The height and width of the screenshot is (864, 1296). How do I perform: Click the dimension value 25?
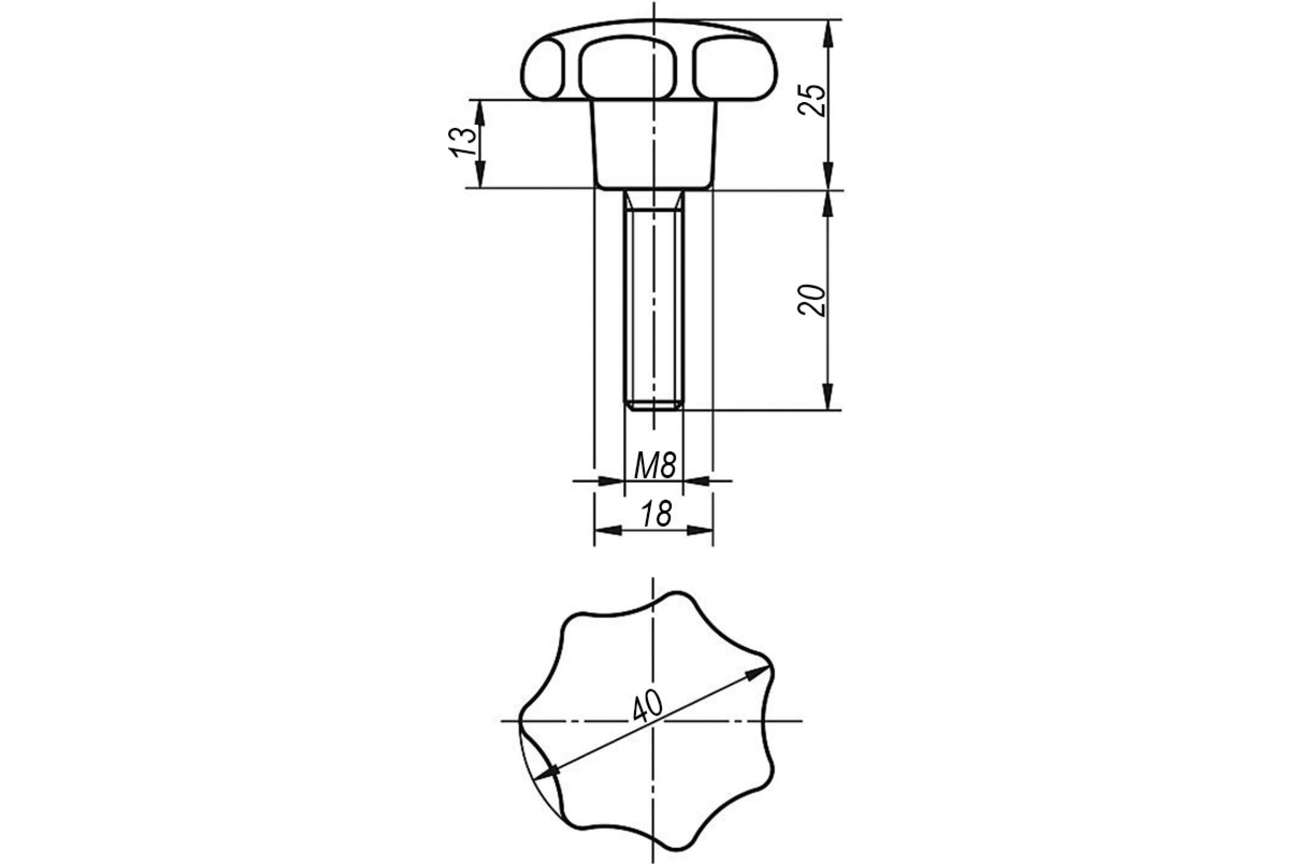[x=812, y=100]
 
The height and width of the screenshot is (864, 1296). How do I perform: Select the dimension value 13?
[x=463, y=142]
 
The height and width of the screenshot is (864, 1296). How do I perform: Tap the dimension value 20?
[x=812, y=300]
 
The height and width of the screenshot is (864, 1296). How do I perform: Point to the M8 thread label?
[x=654, y=465]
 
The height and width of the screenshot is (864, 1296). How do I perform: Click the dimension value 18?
[x=656, y=514]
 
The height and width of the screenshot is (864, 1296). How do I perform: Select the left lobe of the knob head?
[x=543, y=69]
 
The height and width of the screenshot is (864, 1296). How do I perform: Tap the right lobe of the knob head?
[x=734, y=69]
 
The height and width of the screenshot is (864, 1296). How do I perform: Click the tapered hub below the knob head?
[x=654, y=145]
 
